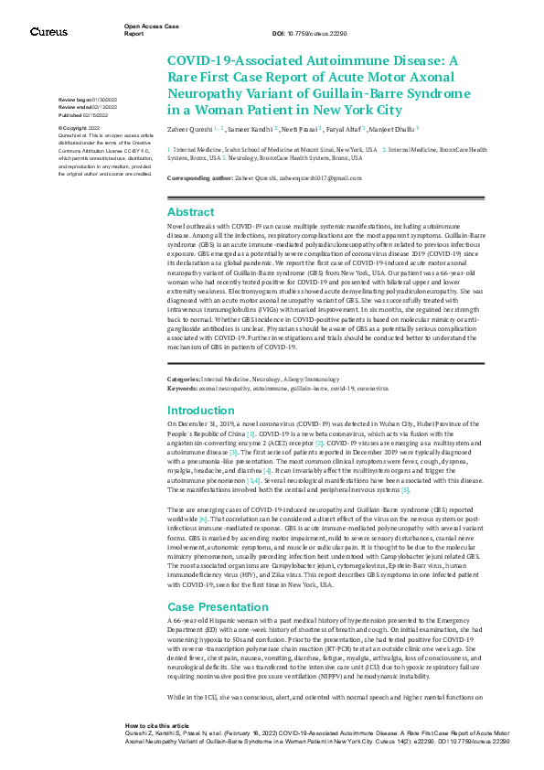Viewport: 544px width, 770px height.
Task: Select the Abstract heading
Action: pos(190,211)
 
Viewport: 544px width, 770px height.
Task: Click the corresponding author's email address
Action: pos(310,176)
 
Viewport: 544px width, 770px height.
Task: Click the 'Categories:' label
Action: pos(183,378)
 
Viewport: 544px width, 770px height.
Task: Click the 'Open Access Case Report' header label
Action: pos(145,31)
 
